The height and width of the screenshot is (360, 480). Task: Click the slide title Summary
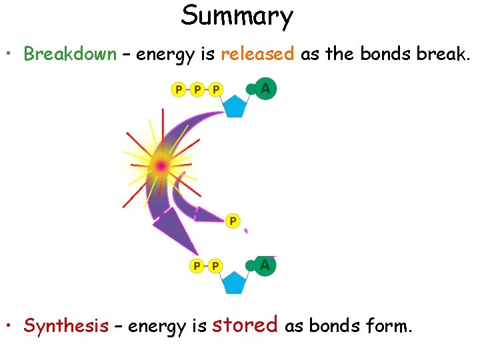click(237, 16)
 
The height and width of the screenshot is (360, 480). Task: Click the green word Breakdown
click(70, 54)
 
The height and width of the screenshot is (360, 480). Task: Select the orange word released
click(257, 54)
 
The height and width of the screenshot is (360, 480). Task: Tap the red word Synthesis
click(66, 326)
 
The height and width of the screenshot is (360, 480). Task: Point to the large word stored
click(245, 325)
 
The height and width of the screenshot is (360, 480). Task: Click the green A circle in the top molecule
click(266, 89)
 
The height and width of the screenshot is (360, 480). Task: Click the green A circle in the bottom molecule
click(265, 265)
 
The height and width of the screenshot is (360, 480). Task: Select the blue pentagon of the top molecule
click(234, 105)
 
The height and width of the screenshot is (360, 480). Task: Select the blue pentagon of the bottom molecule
click(234, 282)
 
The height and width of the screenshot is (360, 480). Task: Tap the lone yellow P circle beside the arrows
click(233, 221)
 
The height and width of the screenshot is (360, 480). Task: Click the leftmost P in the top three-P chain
click(179, 89)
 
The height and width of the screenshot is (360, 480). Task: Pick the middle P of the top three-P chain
click(197, 89)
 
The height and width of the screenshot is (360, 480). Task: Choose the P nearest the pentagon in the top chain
click(215, 89)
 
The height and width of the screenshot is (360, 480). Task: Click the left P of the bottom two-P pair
click(197, 266)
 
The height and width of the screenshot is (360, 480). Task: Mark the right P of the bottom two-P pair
click(215, 266)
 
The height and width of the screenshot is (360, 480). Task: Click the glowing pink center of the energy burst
click(161, 165)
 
